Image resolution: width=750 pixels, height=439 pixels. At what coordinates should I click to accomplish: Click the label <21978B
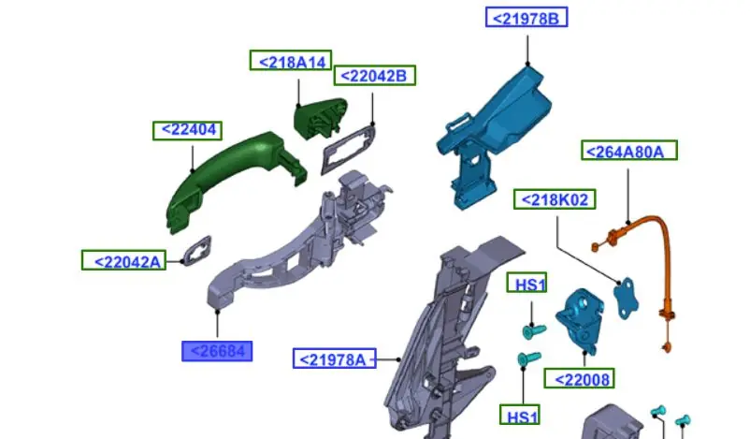click(x=526, y=17)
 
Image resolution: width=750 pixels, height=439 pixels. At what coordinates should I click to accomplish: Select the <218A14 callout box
click(x=291, y=61)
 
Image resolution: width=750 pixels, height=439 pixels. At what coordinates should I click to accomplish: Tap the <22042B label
click(x=374, y=76)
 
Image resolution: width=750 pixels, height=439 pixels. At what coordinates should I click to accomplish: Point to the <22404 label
click(x=187, y=130)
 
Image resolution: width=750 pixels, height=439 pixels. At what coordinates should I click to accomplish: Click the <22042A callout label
click(x=123, y=260)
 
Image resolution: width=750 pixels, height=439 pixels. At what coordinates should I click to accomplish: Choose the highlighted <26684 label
click(x=217, y=351)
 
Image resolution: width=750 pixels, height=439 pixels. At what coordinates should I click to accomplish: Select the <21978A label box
click(x=335, y=359)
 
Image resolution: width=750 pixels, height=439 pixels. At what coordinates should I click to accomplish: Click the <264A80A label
click(x=629, y=151)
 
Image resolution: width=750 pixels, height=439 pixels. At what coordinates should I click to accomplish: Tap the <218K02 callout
click(x=555, y=199)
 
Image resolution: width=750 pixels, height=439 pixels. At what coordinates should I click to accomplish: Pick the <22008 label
click(x=579, y=379)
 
